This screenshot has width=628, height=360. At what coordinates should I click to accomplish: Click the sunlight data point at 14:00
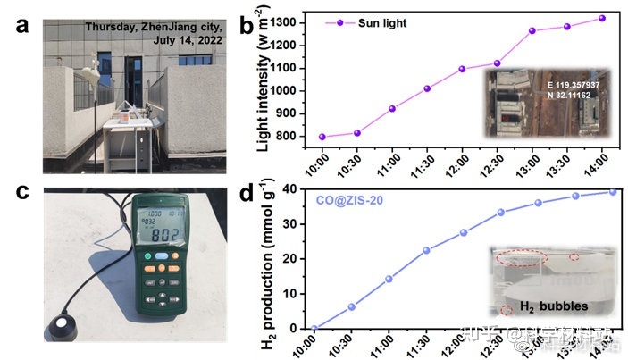tap(601, 18)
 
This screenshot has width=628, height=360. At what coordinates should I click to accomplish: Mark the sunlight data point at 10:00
tap(322, 137)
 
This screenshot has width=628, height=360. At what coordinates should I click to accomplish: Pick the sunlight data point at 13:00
tap(532, 30)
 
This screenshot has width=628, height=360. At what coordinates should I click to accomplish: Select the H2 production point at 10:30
tap(351, 306)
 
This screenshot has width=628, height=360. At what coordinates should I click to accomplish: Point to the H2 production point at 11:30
tap(426, 250)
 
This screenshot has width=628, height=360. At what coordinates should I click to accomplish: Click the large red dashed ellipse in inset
tap(520, 258)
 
